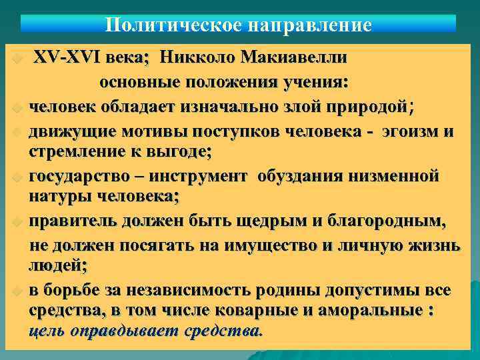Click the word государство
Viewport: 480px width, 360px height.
coord(82,176)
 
